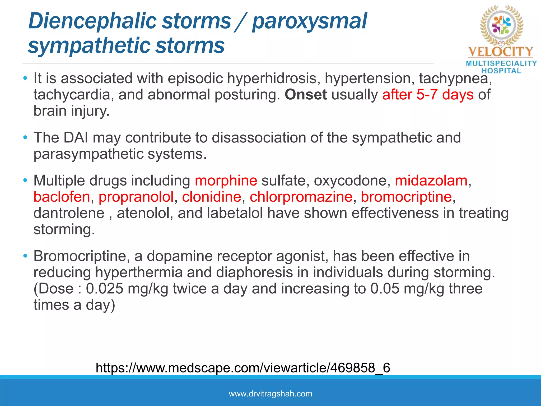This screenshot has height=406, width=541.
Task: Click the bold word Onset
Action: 306,95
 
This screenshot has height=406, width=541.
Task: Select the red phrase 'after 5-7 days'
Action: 428,95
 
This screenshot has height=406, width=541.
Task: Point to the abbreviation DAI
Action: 76,138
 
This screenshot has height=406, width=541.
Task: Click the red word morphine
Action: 226,181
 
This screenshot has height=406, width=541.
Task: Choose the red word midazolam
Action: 431,181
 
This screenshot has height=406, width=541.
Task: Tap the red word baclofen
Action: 62,197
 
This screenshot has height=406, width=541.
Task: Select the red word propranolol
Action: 136,197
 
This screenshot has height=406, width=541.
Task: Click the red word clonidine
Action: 211,197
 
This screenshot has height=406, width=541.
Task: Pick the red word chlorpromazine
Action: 301,197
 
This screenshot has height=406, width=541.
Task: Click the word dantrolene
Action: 69,213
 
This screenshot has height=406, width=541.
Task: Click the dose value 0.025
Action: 105,289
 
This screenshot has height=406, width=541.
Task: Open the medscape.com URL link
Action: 243,368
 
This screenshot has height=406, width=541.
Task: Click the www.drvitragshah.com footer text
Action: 270,394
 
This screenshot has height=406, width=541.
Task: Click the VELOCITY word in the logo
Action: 501,52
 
